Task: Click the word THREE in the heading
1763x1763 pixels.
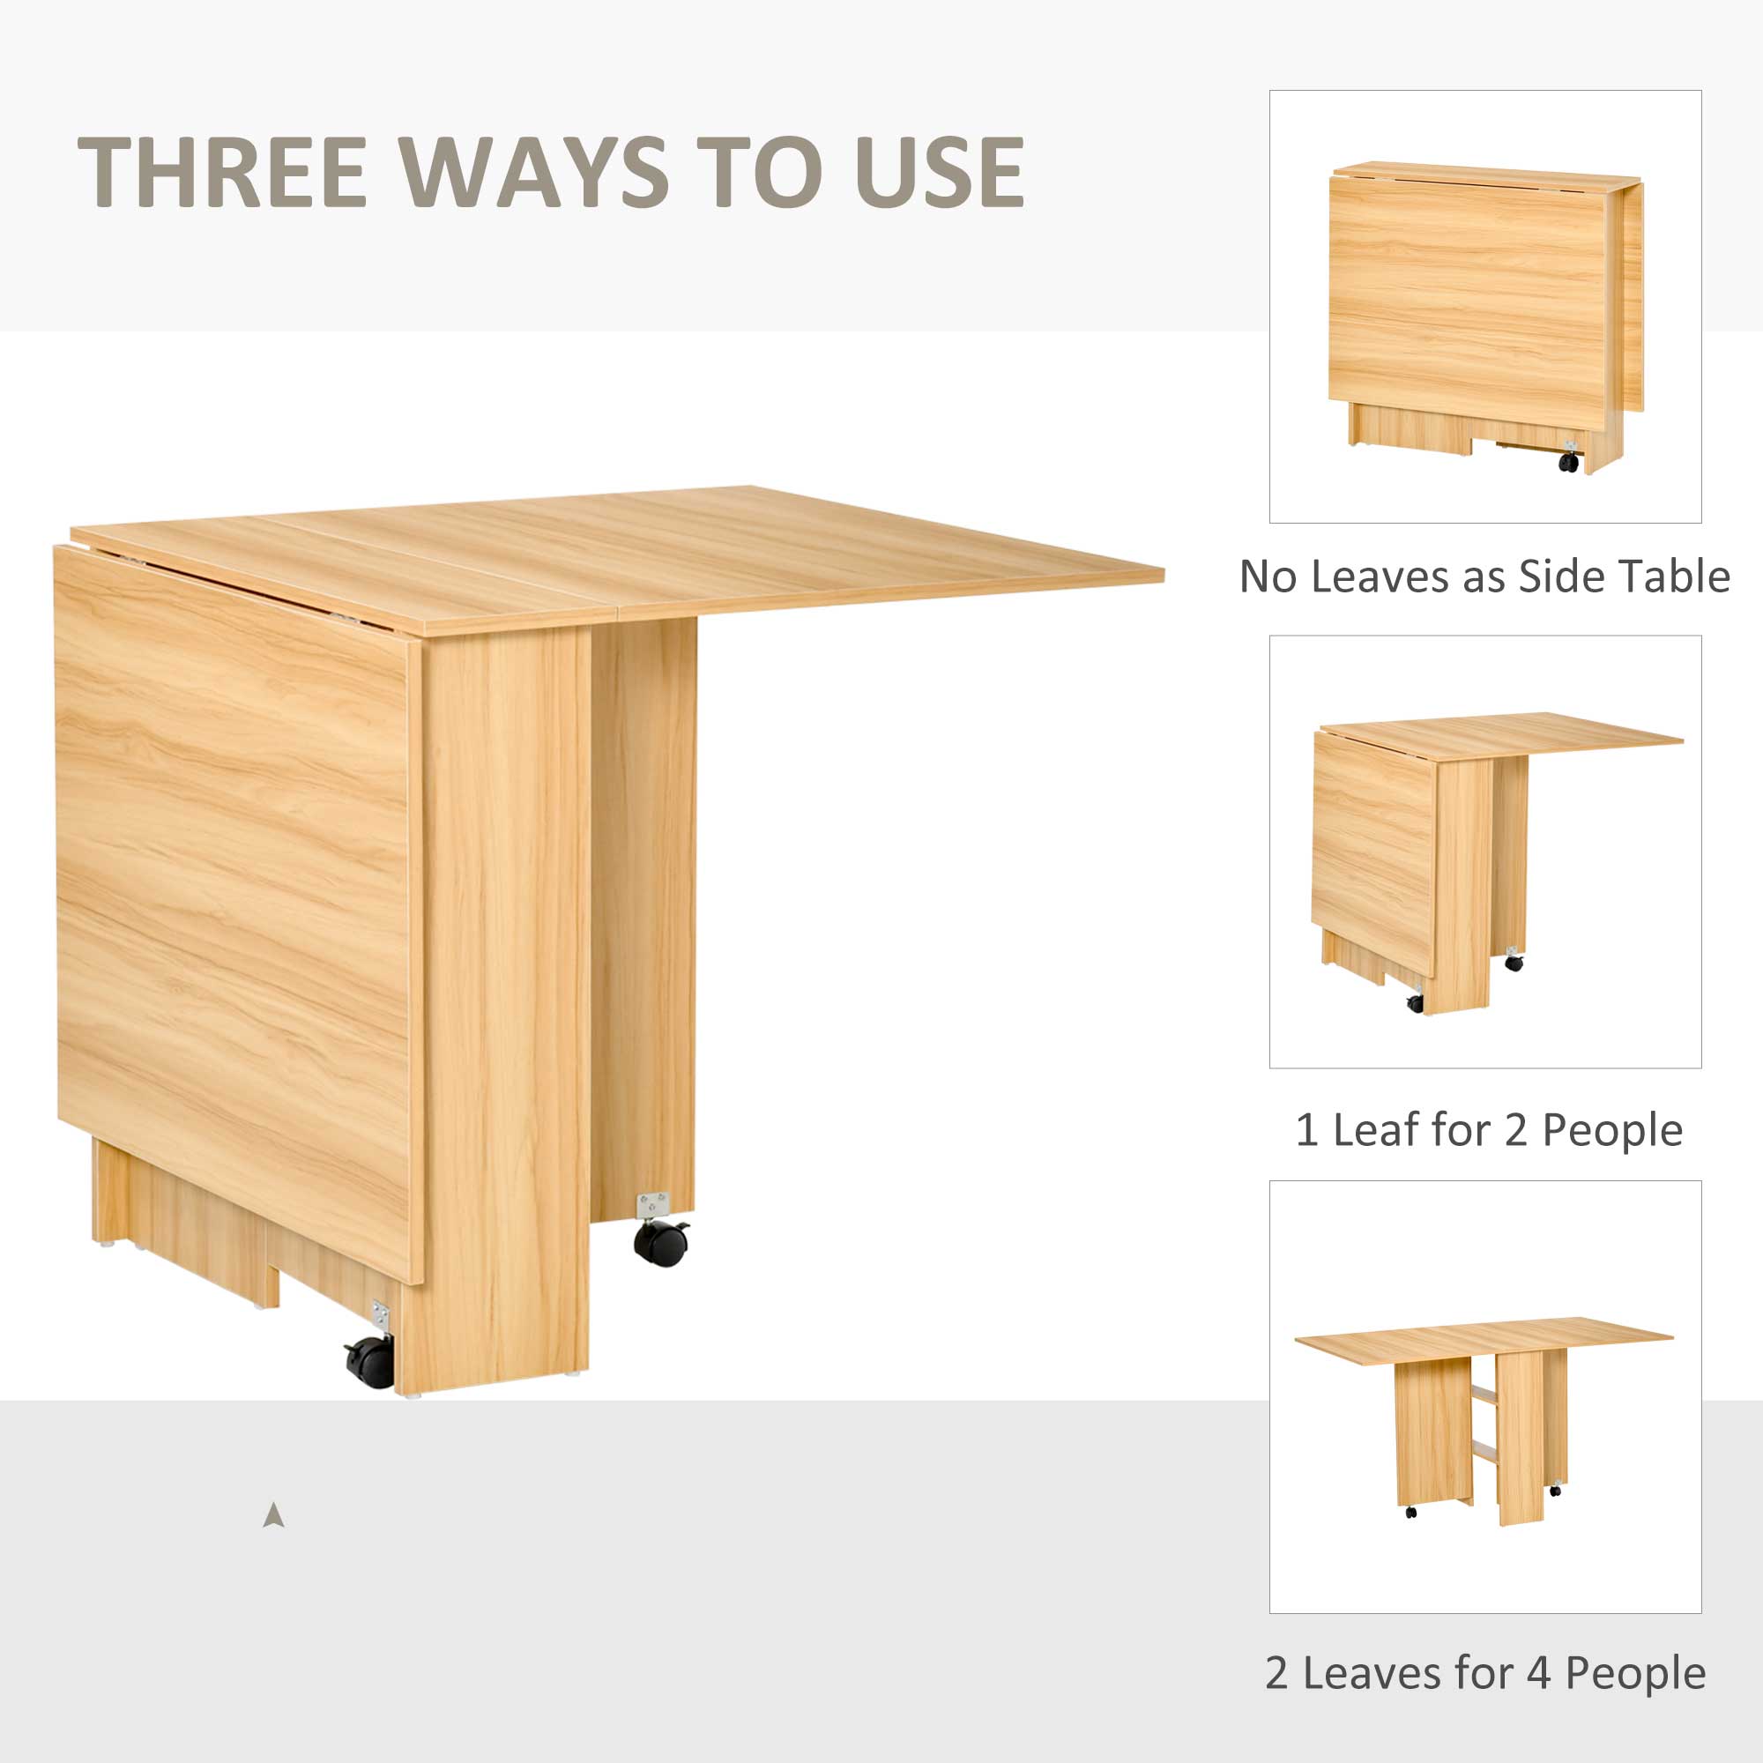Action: (222, 172)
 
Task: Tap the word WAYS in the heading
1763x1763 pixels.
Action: (534, 172)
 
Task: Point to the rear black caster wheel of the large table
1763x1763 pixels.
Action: (660, 1242)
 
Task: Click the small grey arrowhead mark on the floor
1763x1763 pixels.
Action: (273, 1515)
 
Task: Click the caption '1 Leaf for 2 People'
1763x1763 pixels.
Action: (1488, 1130)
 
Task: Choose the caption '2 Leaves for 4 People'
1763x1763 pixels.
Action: (1484, 1673)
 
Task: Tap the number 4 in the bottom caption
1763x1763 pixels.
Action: (1538, 1673)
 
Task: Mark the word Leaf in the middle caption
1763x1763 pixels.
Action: (1379, 1130)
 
